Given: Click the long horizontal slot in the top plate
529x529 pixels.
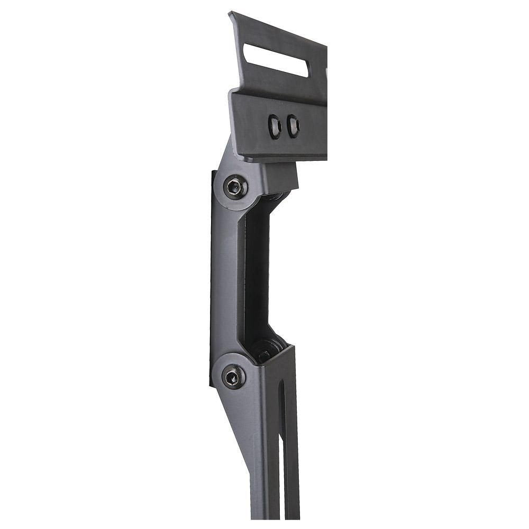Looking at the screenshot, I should (x=275, y=59).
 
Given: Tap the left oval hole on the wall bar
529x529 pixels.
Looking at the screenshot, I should (x=275, y=126).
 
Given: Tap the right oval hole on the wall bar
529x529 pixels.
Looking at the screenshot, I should (x=293, y=126).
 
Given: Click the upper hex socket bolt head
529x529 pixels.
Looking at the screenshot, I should (x=234, y=187).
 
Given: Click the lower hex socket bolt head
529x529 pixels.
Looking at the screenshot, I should (x=233, y=377).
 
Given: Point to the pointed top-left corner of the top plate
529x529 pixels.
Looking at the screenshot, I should (x=231, y=13).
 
